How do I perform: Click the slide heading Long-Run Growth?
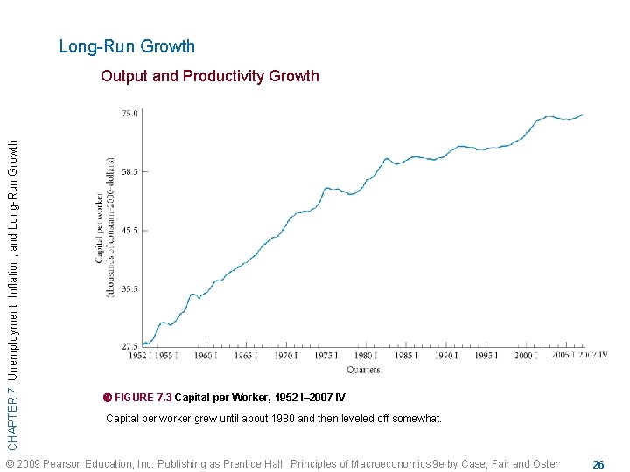coord(127,46)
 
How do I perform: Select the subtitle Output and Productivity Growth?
coord(210,76)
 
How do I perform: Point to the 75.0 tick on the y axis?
coord(129,114)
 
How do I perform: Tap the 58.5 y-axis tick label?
coord(129,172)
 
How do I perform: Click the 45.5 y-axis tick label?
coord(129,231)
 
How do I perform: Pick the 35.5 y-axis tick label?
coord(129,288)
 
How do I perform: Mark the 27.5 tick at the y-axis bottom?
coord(129,346)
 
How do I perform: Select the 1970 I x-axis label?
coord(284,357)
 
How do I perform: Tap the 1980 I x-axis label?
coord(365,357)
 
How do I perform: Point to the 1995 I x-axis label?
coord(486,357)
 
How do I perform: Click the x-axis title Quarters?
coord(362,370)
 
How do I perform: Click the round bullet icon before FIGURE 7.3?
coord(108,398)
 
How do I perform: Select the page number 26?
coord(598,464)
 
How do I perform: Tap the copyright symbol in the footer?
coord(10,464)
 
